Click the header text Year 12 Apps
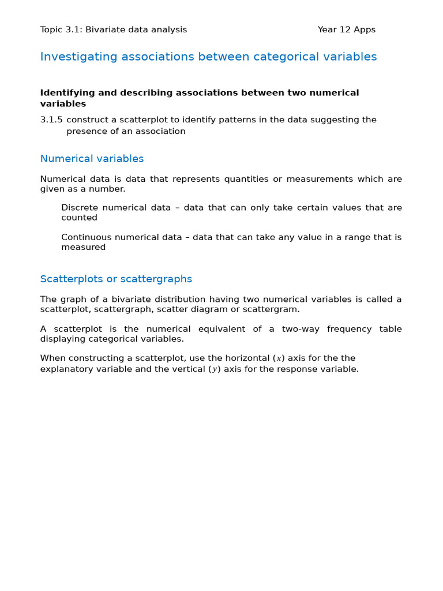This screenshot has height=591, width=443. [x=346, y=29]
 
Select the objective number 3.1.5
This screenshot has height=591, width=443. [x=51, y=120]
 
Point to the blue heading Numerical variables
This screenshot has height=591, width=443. [x=92, y=159]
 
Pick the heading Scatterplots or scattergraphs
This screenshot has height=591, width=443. [x=116, y=279]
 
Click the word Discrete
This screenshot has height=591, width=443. [x=79, y=208]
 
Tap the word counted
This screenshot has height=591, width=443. [x=79, y=218]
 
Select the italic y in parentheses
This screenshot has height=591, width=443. [x=215, y=369]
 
